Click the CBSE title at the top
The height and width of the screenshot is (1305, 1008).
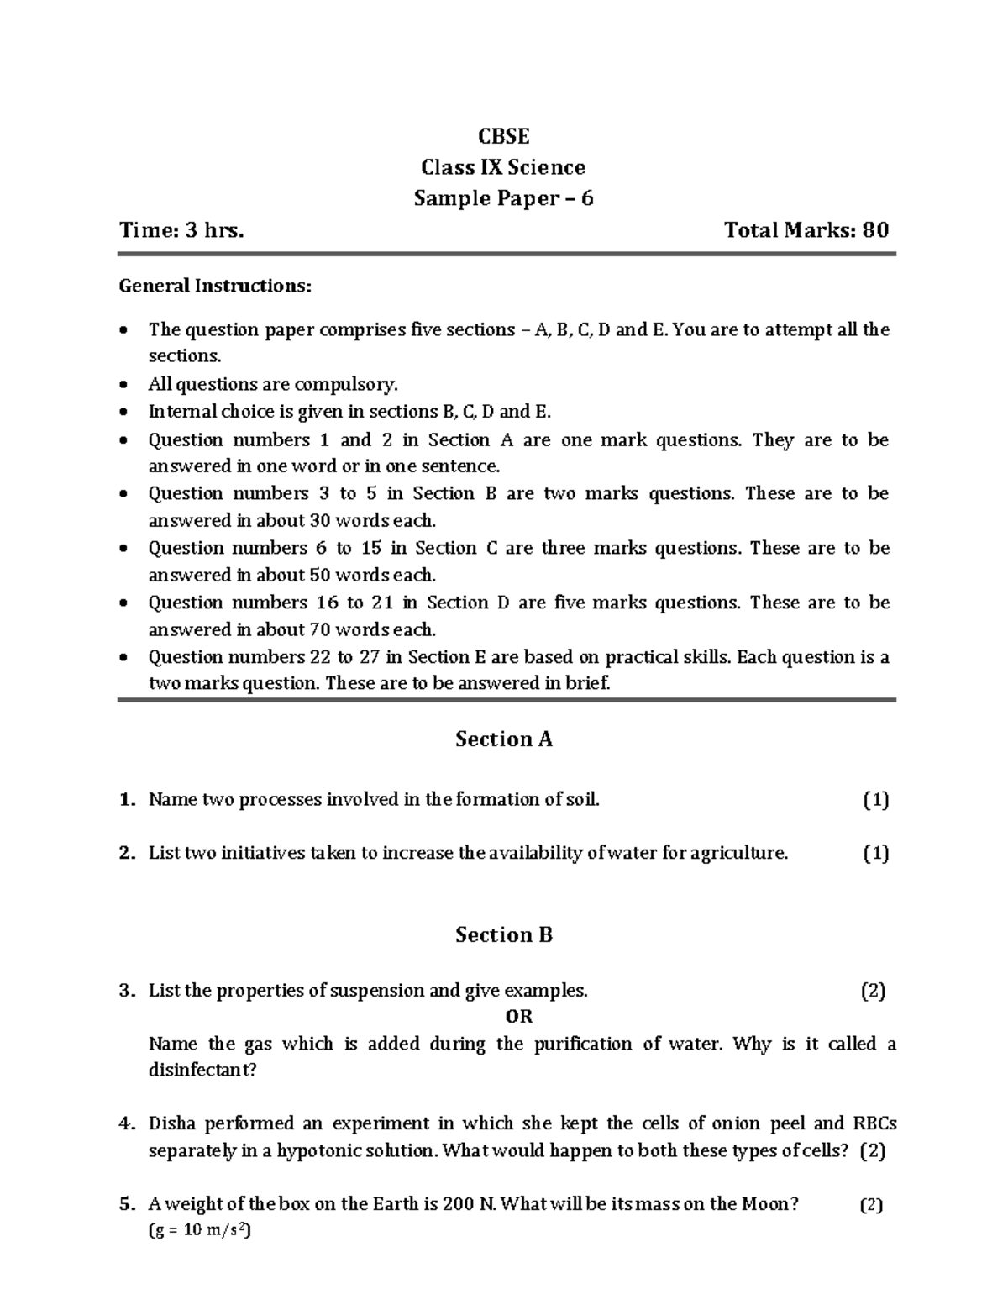(x=503, y=136)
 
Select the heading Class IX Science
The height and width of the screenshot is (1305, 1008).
(x=503, y=167)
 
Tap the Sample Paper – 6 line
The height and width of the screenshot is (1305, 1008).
(x=503, y=198)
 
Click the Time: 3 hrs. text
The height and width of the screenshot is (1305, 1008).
(x=181, y=230)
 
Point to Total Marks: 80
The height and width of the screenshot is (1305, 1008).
(x=806, y=230)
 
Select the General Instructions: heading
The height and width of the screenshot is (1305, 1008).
(x=215, y=286)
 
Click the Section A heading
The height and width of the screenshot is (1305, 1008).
(x=503, y=739)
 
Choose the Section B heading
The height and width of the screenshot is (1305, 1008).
(x=503, y=934)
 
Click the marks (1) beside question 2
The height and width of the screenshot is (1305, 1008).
(x=875, y=853)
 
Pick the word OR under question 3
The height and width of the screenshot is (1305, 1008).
(x=519, y=1017)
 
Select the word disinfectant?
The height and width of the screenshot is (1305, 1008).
(x=202, y=1071)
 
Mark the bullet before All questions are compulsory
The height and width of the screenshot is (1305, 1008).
(x=124, y=386)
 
